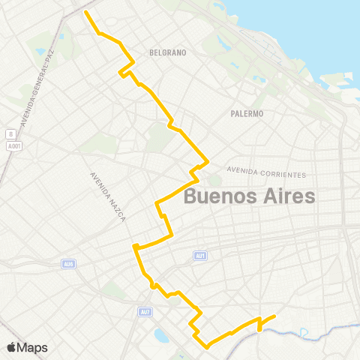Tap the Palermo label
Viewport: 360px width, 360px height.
pyautogui.click(x=247, y=114)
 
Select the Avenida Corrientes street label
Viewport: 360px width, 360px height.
pyautogui.click(x=266, y=173)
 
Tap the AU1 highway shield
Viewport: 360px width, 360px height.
pyautogui.click(x=199, y=256)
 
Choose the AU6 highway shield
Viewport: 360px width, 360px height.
pyautogui.click(x=70, y=263)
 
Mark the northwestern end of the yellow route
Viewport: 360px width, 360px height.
pyautogui.click(x=86, y=13)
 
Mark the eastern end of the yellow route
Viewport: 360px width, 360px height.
pyautogui.click(x=275, y=316)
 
